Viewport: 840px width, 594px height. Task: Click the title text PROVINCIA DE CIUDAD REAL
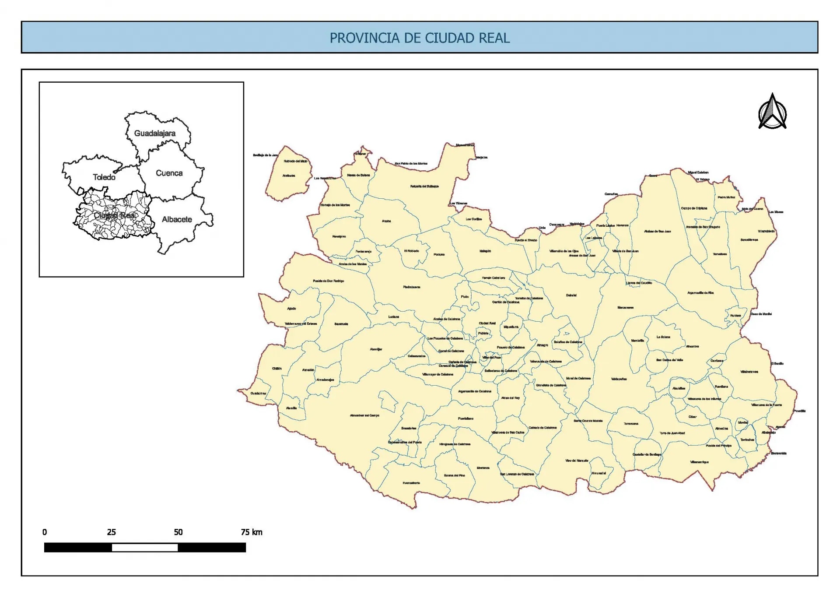[x=420, y=38]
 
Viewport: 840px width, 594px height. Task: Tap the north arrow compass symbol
[x=772, y=112]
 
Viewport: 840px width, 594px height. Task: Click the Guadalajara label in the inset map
[x=154, y=133]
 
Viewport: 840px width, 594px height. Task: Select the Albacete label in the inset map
[x=177, y=219]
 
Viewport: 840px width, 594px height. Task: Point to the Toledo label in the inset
[x=104, y=177]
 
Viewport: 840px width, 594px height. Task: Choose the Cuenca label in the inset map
[x=169, y=173]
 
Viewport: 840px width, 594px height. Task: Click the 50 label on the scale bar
[x=178, y=532]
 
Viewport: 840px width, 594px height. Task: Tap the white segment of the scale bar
[x=144, y=548]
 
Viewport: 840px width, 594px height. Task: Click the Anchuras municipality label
[x=288, y=176]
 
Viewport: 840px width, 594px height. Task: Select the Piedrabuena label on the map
[x=411, y=287]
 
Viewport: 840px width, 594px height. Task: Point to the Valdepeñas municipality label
[x=619, y=379]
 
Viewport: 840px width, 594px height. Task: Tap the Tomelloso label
[x=720, y=254]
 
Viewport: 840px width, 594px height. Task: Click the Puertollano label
[x=465, y=418]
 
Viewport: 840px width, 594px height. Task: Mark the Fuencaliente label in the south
[x=411, y=483]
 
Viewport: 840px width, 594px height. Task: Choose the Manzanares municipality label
[x=625, y=307]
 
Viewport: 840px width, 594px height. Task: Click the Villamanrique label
[x=699, y=462]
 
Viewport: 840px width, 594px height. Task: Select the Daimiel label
[x=571, y=295]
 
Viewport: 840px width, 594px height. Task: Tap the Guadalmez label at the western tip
[x=258, y=393]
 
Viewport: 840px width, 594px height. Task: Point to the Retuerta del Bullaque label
[x=424, y=186]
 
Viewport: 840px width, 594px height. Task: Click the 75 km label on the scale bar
[x=251, y=532]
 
